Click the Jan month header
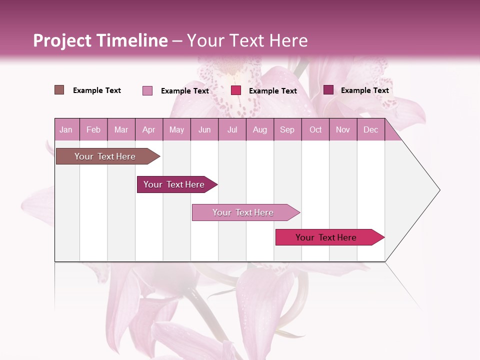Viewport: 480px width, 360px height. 66,129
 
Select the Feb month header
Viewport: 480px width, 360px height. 93,129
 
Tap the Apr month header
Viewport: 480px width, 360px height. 149,129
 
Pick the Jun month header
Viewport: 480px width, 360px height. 204,129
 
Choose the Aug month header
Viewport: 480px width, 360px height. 260,129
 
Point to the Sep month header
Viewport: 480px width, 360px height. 287,129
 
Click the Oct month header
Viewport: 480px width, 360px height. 315,129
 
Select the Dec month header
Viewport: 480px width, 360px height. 371,129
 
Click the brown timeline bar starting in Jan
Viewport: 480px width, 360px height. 105,156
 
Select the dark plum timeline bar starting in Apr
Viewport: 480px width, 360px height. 174,184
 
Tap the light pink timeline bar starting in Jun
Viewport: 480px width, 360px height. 243,212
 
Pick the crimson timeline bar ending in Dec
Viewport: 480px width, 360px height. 326,237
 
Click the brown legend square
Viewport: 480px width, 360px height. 59,90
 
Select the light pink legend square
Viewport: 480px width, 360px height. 147,90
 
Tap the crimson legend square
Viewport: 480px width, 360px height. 236,90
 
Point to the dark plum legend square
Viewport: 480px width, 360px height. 328,90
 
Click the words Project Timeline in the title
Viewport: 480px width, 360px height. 100,40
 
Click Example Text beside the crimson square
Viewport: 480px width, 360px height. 273,91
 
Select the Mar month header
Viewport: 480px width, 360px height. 121,129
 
